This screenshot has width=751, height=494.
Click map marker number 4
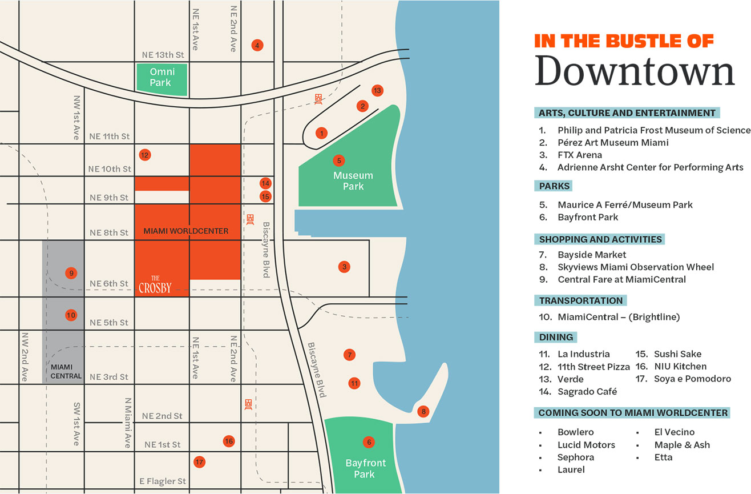coord(257,45)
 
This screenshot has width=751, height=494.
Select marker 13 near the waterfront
coord(377,90)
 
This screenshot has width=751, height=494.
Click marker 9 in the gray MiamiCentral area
coord(71,273)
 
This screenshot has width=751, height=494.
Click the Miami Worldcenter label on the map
coord(185,231)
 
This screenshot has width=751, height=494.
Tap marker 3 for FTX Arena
coord(344,267)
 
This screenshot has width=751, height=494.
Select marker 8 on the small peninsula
coord(422,411)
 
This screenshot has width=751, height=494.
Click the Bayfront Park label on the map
coord(366,468)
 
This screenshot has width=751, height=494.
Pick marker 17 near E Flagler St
coord(199,462)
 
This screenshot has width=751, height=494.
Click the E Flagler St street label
coord(163,481)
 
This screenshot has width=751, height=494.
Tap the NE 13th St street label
coord(163,55)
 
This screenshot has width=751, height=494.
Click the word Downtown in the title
coord(635,72)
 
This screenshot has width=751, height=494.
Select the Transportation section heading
coord(580,300)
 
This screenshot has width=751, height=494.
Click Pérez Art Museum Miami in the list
coord(612,142)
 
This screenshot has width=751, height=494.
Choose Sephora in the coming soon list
coord(575,457)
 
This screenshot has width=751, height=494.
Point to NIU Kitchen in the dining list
coord(680,366)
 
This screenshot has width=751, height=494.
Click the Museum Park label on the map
coord(353,180)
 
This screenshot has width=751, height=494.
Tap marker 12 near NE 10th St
coord(145,155)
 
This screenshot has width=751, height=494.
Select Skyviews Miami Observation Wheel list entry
coord(635,267)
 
